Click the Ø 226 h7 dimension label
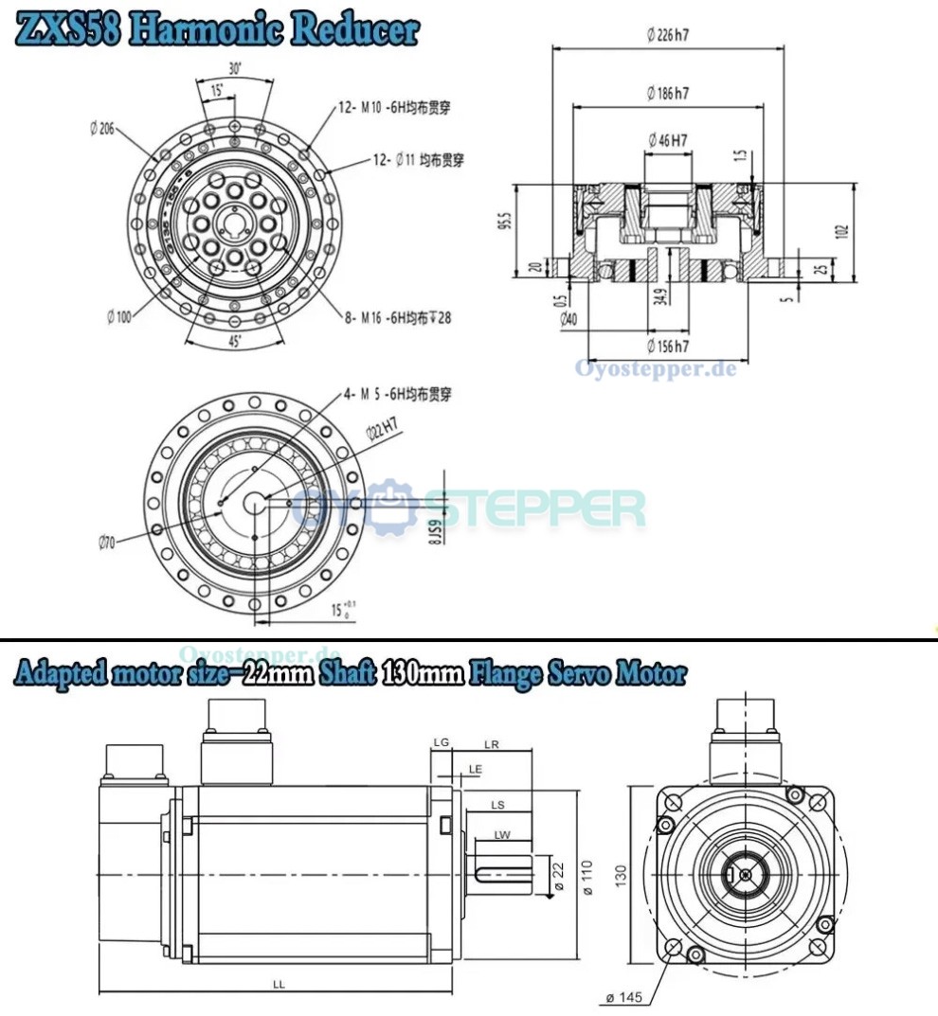(667, 35)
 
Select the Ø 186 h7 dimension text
(667, 93)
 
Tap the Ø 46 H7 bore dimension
(667, 140)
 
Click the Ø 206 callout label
(101, 130)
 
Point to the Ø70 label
(106, 543)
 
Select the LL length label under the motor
(279, 985)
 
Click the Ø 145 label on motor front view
(622, 997)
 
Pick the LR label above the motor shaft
(491, 744)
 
